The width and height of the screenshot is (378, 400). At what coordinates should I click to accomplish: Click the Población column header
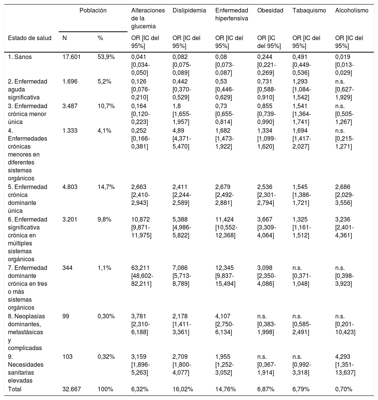tap(93, 11)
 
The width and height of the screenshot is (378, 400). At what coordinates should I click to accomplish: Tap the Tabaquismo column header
tap(309, 11)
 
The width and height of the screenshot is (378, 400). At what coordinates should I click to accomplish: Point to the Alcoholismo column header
tap(352, 11)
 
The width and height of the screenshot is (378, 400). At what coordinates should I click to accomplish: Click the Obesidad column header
tap(270, 11)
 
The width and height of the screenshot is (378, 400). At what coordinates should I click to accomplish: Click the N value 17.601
tap(72, 57)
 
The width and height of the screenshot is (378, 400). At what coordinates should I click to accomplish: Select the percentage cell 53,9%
tap(106, 57)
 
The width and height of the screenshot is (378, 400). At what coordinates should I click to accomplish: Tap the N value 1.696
tap(70, 82)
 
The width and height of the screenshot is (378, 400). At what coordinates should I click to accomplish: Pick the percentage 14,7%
tap(106, 187)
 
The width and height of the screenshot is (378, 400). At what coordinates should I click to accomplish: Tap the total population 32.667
tap(72, 389)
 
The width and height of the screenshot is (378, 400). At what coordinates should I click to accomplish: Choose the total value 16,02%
tap(183, 389)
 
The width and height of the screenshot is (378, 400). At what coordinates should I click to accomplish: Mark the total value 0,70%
tap(344, 389)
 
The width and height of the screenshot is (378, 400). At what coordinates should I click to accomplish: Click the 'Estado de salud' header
tap(27, 38)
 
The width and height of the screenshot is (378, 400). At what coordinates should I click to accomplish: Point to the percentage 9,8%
tap(104, 220)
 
